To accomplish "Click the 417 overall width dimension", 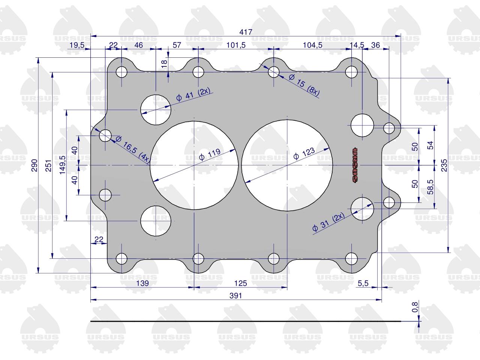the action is (246, 32).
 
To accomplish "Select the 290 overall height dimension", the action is (34, 165).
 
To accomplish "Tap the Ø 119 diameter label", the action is (210, 154).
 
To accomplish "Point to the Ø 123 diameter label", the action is (304, 153).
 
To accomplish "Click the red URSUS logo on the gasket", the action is (354, 165).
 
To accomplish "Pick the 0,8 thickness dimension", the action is (415, 307).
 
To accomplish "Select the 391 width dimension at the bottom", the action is (235, 296).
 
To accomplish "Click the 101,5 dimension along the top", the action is (236, 45).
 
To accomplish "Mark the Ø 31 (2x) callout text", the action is (328, 222).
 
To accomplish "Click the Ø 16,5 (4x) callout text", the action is (133, 150).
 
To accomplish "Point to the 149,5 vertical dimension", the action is (62, 165).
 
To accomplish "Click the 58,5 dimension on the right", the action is (430, 187).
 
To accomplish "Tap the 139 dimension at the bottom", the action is (142, 283).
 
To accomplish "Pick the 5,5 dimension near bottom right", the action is (363, 283).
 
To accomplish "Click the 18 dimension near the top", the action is (164, 63).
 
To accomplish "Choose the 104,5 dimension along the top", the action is (312, 45).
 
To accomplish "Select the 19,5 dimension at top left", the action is (77, 45).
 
